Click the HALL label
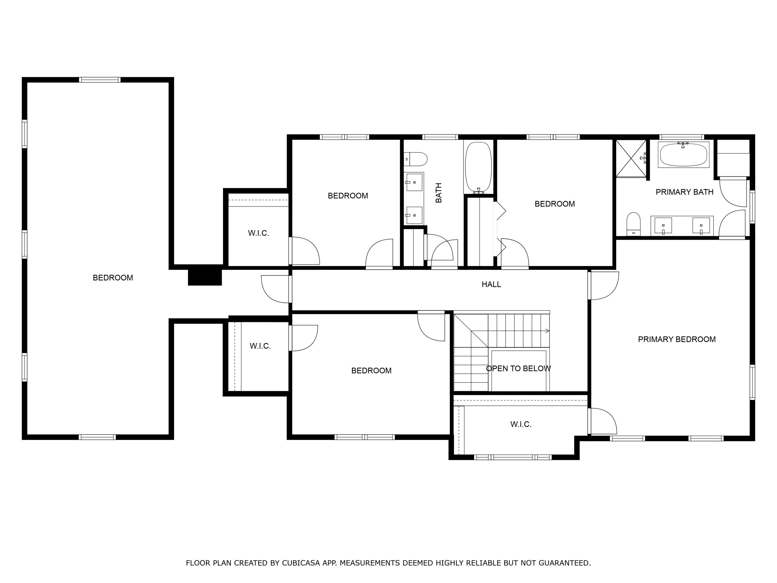click(491, 284)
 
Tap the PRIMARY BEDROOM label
click(677, 339)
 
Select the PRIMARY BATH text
click(684, 192)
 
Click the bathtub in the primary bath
click(683, 155)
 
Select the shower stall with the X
click(631, 159)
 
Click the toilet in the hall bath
click(415, 159)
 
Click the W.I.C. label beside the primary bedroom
click(521, 424)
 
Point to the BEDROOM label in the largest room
click(113, 278)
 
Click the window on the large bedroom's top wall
click(100, 80)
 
